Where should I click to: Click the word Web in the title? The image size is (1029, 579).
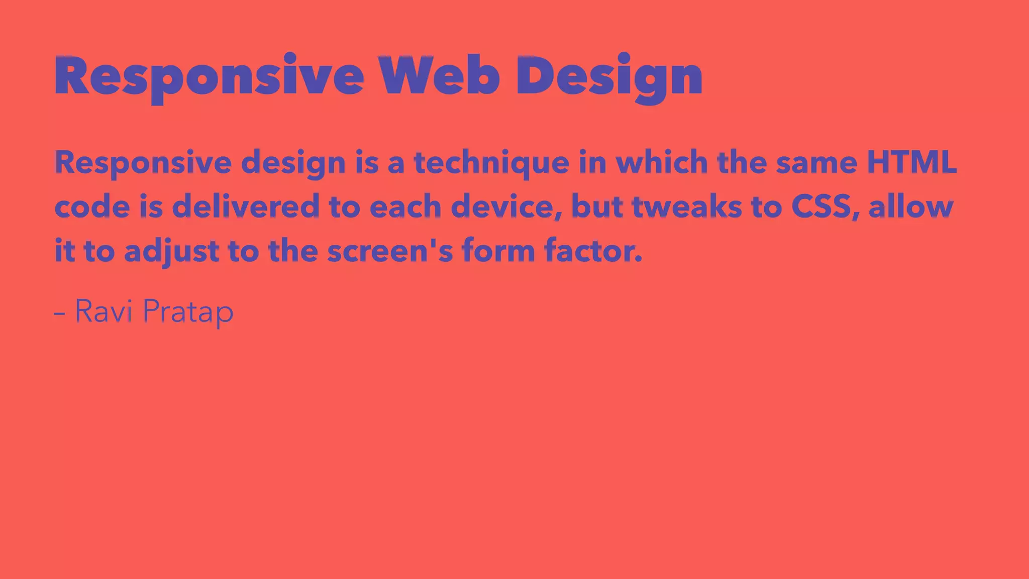[x=439, y=75]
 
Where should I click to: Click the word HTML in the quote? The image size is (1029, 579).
[x=911, y=162]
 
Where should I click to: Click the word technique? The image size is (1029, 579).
[x=491, y=163]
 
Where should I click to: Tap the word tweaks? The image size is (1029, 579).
[x=686, y=206]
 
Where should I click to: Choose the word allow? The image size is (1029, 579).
[x=910, y=206]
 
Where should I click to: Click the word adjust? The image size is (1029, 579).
[x=171, y=251]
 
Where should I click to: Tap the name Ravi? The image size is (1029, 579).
[x=104, y=311]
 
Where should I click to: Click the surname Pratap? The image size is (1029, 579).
[x=188, y=312]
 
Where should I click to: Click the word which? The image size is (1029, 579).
[x=661, y=162]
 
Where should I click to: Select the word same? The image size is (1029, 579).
[x=816, y=163]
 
